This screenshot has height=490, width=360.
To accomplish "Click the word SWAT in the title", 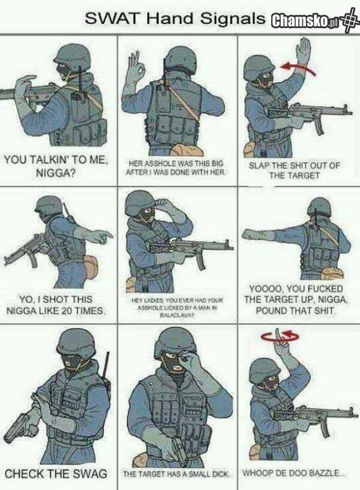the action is (x=111, y=18).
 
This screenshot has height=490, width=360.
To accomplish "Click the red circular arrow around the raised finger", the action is (x=280, y=336).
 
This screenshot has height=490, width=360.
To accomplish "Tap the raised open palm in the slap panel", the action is (x=303, y=51).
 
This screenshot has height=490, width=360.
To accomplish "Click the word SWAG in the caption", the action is (x=89, y=474).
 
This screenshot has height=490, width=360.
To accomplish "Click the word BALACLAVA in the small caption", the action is (x=177, y=315).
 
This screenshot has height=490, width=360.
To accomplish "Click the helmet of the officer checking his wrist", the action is (x=76, y=342).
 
